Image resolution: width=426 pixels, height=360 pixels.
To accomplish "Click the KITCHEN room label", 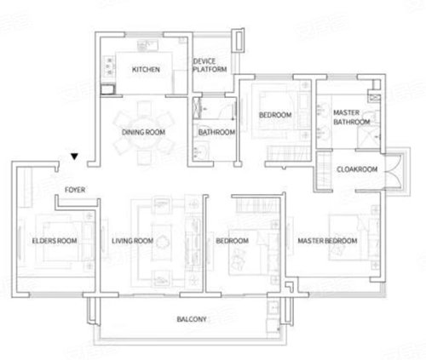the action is coord(146,70).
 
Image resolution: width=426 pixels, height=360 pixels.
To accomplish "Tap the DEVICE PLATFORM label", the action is coord(210,66).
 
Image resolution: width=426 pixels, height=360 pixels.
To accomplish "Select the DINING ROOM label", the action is coord(143,132).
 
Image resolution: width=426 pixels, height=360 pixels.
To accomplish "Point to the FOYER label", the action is coord(75,190).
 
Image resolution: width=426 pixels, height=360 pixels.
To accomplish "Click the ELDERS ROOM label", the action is coord(55,241).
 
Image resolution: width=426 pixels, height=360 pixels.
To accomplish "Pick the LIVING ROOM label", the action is coord(132,241).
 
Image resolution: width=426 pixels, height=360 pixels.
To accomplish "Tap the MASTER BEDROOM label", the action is coord(327,241).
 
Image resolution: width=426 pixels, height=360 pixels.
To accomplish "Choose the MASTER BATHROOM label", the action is coord(352,117).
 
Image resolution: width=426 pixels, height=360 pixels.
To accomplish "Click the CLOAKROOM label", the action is coord(357,169).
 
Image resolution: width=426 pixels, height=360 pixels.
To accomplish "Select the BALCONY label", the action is coord(192,319).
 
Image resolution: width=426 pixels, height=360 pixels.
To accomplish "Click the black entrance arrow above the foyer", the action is coord(74,157).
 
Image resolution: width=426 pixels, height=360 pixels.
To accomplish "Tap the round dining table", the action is coord(144,132).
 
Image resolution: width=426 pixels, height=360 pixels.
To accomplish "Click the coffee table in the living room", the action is coord(162,243).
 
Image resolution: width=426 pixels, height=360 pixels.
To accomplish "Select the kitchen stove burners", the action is coord(109,67).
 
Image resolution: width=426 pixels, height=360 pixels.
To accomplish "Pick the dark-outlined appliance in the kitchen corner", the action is coord(108,89).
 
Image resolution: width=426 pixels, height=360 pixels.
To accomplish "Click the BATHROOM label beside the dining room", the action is coord(216,132).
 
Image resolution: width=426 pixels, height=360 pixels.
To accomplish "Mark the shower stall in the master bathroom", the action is coord(369,138).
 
